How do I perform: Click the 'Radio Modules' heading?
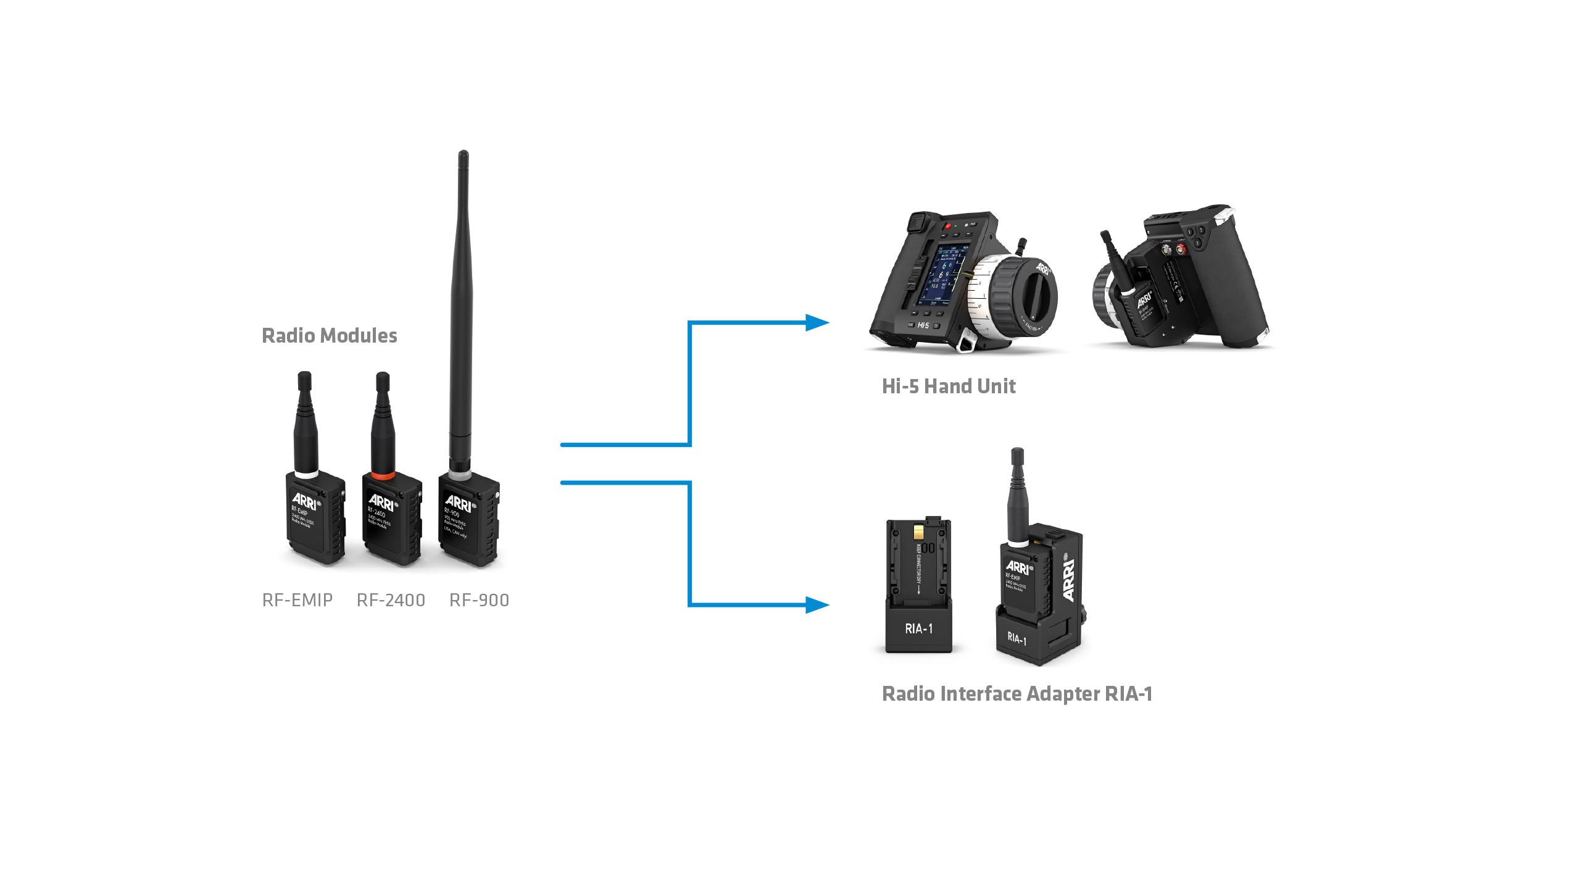tap(330, 336)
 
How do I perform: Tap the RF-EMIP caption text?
tap(297, 600)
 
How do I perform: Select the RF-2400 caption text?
tap(391, 600)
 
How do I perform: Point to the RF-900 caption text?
tap(479, 600)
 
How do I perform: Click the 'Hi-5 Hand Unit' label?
tap(949, 386)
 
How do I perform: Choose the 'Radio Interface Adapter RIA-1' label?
tap(1017, 694)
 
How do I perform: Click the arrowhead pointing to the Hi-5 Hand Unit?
tap(817, 323)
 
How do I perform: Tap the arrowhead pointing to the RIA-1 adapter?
tap(817, 604)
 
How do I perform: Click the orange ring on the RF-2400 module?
tap(383, 475)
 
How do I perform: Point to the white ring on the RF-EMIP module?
tap(306, 474)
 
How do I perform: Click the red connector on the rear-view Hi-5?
tap(1180, 249)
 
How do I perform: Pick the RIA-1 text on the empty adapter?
tap(918, 629)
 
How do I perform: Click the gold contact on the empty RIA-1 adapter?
tap(919, 532)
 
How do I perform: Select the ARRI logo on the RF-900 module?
tap(459, 504)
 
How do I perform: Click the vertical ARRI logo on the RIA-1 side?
tap(1069, 580)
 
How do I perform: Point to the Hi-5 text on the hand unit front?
tap(923, 325)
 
